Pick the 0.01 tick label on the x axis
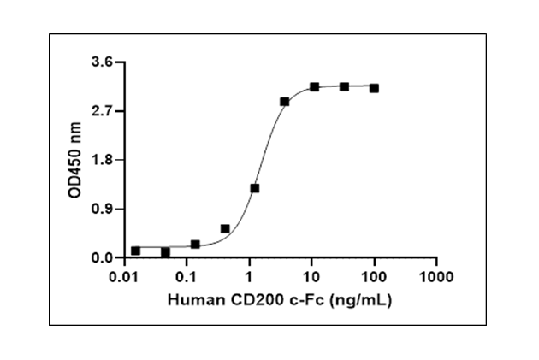click(x=125, y=277)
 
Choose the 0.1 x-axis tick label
click(x=187, y=277)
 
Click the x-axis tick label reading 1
click(x=249, y=277)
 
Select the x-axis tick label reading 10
click(x=311, y=277)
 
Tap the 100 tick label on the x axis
click(x=374, y=277)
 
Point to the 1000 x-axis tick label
click(x=436, y=277)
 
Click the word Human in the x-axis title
click(x=191, y=300)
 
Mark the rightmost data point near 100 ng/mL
click(x=374, y=88)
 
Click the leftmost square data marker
click(x=135, y=251)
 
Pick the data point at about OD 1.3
click(x=254, y=188)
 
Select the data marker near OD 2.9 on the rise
click(x=284, y=102)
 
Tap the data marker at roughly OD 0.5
click(x=225, y=229)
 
